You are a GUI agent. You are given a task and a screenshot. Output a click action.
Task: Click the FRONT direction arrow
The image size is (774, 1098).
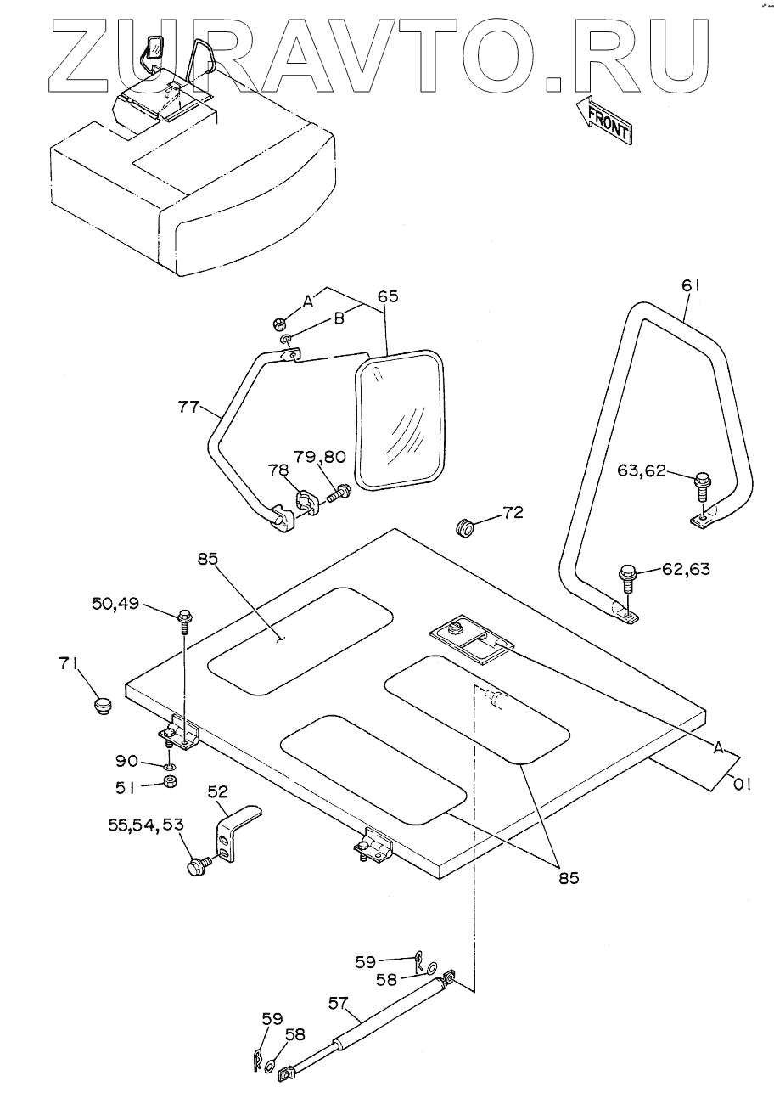(x=603, y=119)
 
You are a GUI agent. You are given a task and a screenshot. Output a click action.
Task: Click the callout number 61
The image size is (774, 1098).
(x=691, y=287)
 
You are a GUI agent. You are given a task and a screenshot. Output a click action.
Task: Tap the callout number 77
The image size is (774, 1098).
(x=188, y=407)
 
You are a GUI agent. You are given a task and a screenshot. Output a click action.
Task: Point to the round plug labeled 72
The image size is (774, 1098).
(x=465, y=526)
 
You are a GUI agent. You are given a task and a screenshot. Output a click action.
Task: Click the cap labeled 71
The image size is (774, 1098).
(x=103, y=704)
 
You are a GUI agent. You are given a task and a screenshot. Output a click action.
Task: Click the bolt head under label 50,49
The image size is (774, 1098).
(x=183, y=617)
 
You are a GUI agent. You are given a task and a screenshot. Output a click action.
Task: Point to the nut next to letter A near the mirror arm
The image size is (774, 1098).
(x=278, y=324)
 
